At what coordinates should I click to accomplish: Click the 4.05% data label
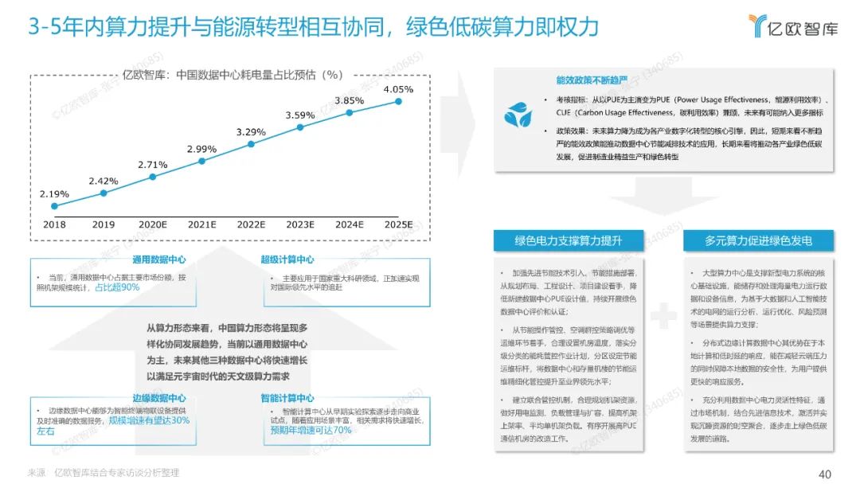[398, 90]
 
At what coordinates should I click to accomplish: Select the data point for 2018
[54, 205]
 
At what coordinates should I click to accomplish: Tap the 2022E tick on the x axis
[251, 225]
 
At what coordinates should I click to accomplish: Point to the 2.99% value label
[201, 149]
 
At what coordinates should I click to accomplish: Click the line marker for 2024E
[350, 113]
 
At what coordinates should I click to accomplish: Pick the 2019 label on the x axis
[104, 225]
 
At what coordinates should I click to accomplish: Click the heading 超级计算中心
[287, 260]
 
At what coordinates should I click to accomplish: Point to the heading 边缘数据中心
[160, 398]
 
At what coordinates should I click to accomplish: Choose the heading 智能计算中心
[287, 398]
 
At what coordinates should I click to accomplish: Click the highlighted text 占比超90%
[117, 287]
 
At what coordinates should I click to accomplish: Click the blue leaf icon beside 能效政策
[518, 115]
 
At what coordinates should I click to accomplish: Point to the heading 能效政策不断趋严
[592, 80]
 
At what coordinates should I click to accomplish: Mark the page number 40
[825, 474]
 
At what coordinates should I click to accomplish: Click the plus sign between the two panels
[663, 317]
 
